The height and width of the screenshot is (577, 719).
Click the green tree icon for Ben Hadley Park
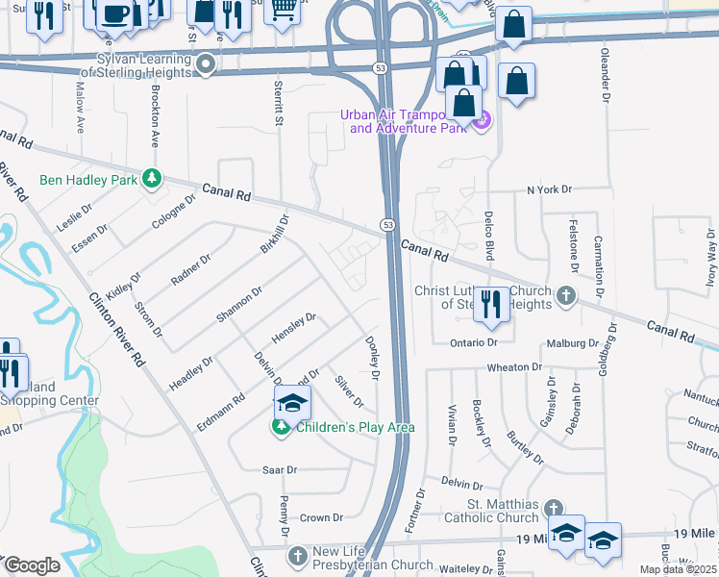pyautogui.click(x=151, y=179)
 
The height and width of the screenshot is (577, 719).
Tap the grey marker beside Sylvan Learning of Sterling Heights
pyautogui.click(x=204, y=64)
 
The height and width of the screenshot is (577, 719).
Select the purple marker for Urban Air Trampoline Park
pyautogui.click(x=483, y=120)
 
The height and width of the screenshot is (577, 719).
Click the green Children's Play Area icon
pyautogui.click(x=282, y=426)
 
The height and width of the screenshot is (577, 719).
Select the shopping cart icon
pyautogui.click(x=282, y=10)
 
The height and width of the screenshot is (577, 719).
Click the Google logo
pyautogui.click(x=31, y=565)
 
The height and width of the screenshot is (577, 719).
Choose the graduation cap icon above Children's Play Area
pyautogui.click(x=293, y=402)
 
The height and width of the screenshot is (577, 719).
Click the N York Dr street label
pyautogui.click(x=549, y=190)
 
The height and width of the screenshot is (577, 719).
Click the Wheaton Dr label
pyautogui.click(x=508, y=367)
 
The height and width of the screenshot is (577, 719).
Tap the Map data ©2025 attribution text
pyautogui.click(x=678, y=569)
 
